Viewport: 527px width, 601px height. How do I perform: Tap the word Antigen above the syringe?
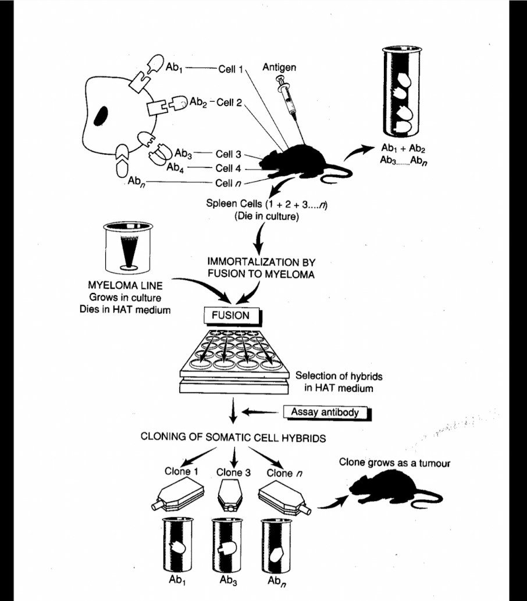[x=279, y=68]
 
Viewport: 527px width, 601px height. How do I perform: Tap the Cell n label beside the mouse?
[x=228, y=183]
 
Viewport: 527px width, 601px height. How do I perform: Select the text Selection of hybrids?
[x=339, y=376]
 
